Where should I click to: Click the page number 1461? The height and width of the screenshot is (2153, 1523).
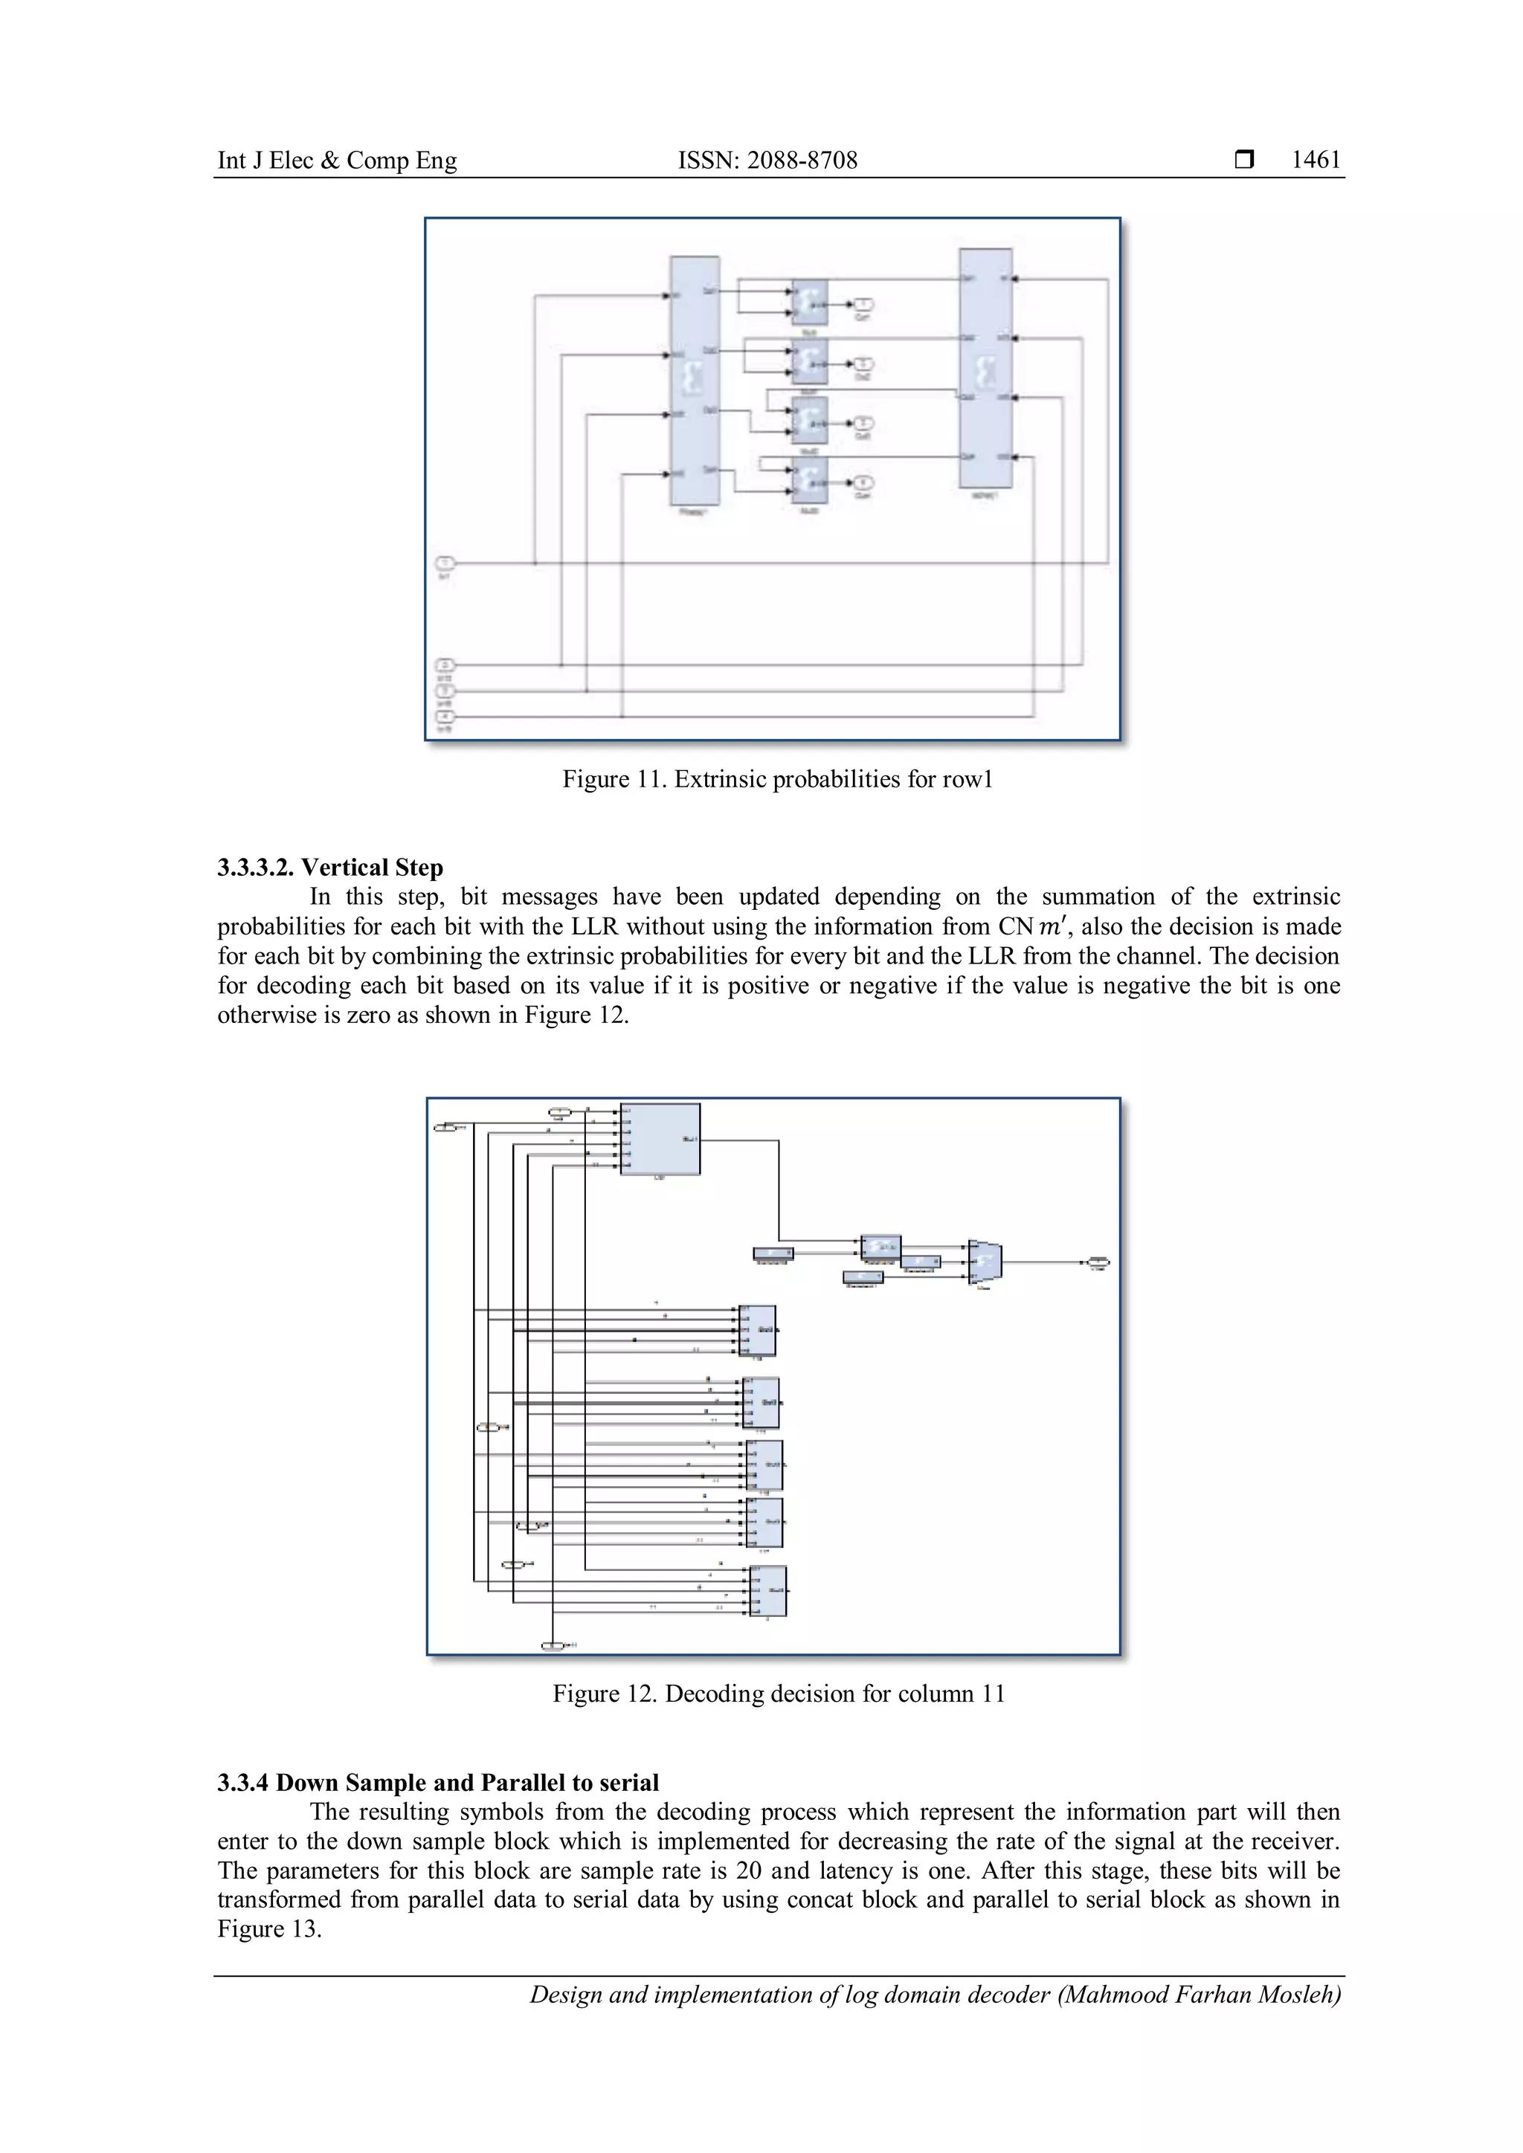tap(1315, 161)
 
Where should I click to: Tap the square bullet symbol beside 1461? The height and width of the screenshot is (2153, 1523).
tap(1244, 161)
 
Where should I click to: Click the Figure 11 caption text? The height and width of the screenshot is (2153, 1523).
tap(776, 779)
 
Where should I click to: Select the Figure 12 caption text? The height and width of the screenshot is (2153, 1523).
tap(779, 1694)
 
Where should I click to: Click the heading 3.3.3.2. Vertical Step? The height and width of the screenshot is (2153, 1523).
tap(330, 868)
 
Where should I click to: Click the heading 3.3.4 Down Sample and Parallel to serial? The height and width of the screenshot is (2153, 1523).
tap(438, 1783)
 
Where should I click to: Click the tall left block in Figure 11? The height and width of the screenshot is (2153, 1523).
tap(694, 380)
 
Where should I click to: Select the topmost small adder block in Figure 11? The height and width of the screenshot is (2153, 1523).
tap(808, 302)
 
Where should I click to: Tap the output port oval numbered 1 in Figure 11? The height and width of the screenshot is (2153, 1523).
tap(863, 305)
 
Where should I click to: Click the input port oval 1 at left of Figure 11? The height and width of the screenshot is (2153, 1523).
tap(445, 563)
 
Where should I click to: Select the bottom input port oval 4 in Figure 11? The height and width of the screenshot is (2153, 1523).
tap(445, 717)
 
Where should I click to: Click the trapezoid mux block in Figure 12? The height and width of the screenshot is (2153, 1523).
tap(985, 1261)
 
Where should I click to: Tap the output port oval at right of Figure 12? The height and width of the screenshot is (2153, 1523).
tap(1099, 1262)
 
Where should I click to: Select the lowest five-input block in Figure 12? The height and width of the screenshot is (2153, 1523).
tap(768, 1591)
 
